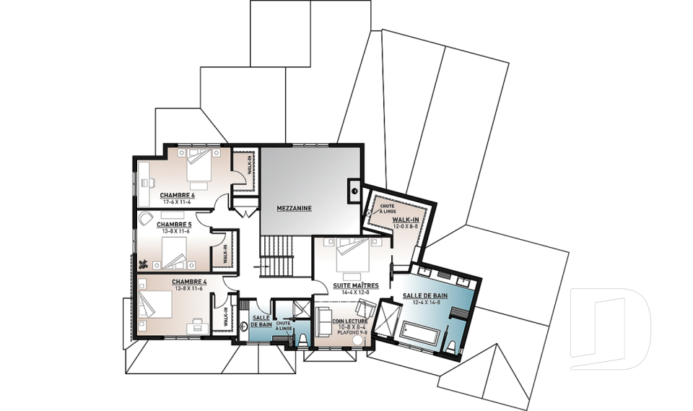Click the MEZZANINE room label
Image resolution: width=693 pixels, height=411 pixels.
[295, 208]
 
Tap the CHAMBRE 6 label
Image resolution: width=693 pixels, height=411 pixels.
[178, 195]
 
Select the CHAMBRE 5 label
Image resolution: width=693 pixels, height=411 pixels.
[174, 225]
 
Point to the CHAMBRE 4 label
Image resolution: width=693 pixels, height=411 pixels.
[189, 282]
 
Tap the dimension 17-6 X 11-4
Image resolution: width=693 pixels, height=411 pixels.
[177, 202]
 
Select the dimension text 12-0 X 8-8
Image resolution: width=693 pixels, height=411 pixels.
[406, 226]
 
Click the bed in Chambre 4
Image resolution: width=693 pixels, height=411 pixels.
[155, 304]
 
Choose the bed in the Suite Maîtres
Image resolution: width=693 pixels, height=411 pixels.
[353, 255]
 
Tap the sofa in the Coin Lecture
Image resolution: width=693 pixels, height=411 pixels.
[324, 321]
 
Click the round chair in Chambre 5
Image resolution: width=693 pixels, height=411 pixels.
[145, 218]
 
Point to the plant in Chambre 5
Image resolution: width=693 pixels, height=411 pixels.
[144, 264]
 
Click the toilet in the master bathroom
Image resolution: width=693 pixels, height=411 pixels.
[450, 347]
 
